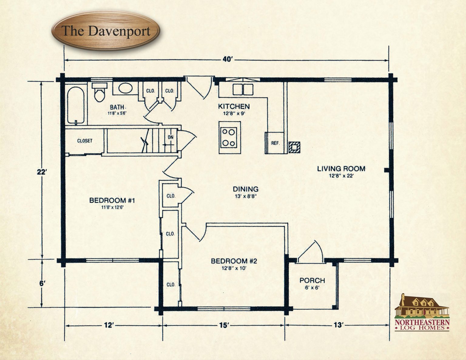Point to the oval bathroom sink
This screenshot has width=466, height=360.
(125, 88)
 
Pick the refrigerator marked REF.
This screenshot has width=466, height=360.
(275, 143)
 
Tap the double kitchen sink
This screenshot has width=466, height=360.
(243, 89)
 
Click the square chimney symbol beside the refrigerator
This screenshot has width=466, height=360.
(294, 147)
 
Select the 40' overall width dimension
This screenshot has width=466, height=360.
(227, 59)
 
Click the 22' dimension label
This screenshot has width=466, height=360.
(42, 172)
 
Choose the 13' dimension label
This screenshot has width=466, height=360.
(338, 325)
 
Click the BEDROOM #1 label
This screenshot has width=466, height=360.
(112, 200)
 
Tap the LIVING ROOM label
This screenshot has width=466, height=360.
(341, 169)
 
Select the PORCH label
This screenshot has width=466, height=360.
(312, 281)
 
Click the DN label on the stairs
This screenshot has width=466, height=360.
(171, 137)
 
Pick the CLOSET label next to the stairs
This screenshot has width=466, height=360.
(85, 141)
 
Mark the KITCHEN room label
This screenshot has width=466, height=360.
(234, 106)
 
